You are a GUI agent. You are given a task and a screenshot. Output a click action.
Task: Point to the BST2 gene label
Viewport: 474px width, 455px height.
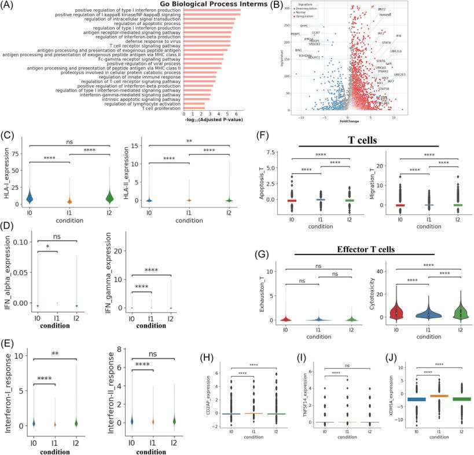[x=382, y=9]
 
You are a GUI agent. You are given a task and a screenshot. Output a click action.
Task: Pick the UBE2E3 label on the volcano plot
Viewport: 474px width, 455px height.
[x=400, y=75]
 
